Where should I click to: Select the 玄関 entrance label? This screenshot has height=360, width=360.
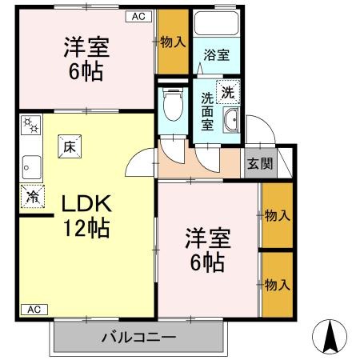258,164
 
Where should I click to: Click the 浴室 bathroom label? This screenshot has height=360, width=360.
216,55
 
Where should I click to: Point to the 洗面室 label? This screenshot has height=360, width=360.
207,112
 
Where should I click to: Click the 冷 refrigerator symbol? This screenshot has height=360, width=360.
33,195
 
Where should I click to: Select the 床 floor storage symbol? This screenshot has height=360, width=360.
70,146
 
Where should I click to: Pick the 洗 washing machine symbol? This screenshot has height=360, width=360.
230,92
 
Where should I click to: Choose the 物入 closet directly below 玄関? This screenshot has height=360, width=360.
277,214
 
